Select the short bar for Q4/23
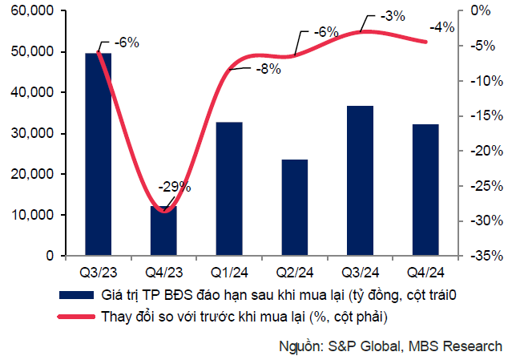(164, 233)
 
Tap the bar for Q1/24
(229, 189)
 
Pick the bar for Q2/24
(295, 208)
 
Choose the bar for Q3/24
(361, 181)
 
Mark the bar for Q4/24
(426, 190)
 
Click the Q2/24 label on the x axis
(295, 271)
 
